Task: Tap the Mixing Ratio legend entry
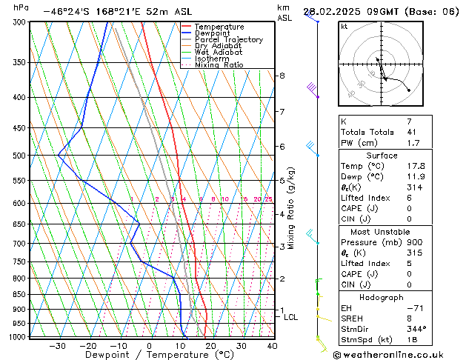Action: click(x=219, y=65)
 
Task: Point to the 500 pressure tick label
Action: click(x=20, y=156)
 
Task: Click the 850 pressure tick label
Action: click(x=20, y=294)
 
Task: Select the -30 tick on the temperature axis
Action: click(x=57, y=345)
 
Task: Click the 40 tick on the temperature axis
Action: click(x=272, y=345)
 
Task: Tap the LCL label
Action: click(x=290, y=317)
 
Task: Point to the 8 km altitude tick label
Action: click(x=282, y=76)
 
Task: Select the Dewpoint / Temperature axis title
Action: click(x=150, y=355)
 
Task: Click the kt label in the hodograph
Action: click(x=344, y=26)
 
